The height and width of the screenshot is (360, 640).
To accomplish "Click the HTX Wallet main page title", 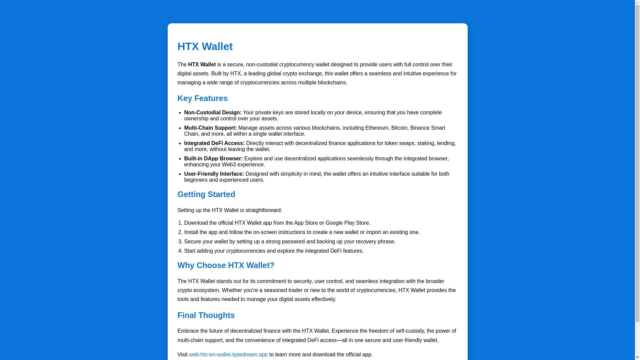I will point(205,46).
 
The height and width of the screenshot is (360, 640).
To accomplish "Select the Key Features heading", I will point(202,98).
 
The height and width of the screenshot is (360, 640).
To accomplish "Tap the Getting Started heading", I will point(206,194).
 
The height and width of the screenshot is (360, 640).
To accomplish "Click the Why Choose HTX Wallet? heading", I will point(226,265).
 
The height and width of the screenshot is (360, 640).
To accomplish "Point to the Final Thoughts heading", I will point(206,315).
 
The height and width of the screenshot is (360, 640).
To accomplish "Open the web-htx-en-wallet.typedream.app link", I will point(228,355).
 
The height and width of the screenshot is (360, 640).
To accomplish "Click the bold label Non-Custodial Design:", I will point(213,113).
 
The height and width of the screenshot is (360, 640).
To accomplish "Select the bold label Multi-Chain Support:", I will point(210,128).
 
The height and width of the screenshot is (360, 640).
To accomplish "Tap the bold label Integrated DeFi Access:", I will point(214,143).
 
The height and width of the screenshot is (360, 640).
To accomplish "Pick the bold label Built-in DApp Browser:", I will point(213,159).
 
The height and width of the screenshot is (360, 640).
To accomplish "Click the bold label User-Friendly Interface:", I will point(214,174).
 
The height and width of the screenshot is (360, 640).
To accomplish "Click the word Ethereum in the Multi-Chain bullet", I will point(377,128).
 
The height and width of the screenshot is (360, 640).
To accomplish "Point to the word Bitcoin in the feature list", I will point(399,128).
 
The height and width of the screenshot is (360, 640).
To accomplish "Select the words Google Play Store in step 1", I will point(347,223).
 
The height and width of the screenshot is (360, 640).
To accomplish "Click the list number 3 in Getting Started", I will point(180,242).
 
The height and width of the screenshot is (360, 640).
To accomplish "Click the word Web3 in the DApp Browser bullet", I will point(229,165).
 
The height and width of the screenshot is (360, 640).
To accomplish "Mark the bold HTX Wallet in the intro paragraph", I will point(202,65).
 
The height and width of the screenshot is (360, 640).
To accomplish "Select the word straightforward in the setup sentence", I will point(263,210).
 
